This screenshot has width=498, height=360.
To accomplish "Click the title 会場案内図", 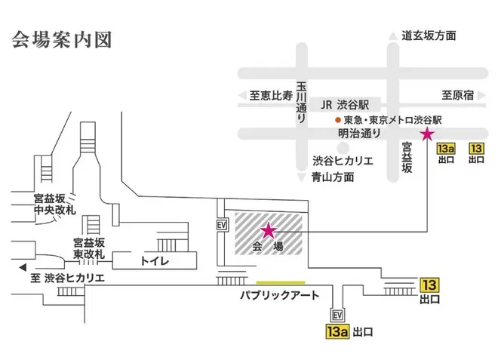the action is pyautogui.click(x=62, y=40).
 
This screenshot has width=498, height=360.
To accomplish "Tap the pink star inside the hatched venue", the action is pyautogui.click(x=269, y=231).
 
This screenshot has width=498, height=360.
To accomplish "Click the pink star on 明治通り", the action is pyautogui.click(x=427, y=134).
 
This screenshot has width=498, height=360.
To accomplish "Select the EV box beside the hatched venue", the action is pyautogui.click(x=222, y=225).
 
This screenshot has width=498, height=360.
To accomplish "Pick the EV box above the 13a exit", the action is pyautogui.click(x=337, y=315).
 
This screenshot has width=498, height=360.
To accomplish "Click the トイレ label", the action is pyautogui.click(x=155, y=261).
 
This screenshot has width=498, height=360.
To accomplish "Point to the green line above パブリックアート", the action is pyautogui.click(x=281, y=282).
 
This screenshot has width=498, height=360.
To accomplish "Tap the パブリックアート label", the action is pyautogui.click(x=279, y=296).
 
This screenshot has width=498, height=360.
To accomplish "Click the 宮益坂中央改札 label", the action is pyautogui.click(x=54, y=205).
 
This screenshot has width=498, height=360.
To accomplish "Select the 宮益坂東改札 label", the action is pyautogui.click(x=89, y=249).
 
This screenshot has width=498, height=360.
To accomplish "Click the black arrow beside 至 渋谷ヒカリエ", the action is pyautogui.click(x=23, y=267).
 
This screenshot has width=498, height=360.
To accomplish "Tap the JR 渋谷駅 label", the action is pyautogui.click(x=345, y=105).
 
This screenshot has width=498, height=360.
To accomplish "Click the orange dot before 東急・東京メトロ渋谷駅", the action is pyautogui.click(x=338, y=120).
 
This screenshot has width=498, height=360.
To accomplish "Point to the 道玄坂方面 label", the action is pyautogui.click(x=429, y=35).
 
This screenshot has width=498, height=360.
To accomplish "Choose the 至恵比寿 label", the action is pyautogui.click(x=271, y=95).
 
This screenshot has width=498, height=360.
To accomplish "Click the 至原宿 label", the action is pyautogui.click(x=458, y=95).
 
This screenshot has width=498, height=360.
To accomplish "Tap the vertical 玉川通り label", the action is pyautogui.click(x=301, y=103).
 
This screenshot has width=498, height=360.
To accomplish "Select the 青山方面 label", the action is pyautogui.click(x=333, y=177).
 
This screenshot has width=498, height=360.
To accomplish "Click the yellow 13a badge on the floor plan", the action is pyautogui.click(x=337, y=331).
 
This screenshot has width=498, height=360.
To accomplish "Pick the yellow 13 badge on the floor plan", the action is pyautogui.click(x=430, y=285).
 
